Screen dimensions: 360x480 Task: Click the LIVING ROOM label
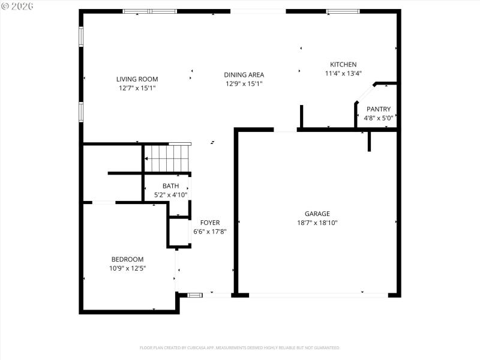pos(137,79)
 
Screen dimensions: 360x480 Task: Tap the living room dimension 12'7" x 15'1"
pos(137,88)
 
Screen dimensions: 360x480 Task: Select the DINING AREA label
pos(244,74)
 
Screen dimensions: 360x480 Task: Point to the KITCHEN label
pos(343,64)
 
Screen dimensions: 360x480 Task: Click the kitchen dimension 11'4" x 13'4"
pos(343,74)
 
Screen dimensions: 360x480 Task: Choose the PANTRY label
pos(379,109)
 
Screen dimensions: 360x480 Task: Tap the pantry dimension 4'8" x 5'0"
pos(379,118)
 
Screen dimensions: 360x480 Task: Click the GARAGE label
pos(317,213)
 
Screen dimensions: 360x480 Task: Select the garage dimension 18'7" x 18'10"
pos(317,223)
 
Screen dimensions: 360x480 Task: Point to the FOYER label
pos(210,223)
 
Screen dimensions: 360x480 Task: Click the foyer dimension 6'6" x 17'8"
pos(210,232)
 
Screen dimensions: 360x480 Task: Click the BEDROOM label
pos(127,259)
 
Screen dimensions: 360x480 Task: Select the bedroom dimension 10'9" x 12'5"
pos(127,268)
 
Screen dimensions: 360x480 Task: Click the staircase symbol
pos(167,158)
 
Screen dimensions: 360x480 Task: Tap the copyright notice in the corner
pos(17,5)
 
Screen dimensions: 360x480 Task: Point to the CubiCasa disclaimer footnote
pos(240,347)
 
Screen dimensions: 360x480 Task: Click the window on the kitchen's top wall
pos(343,11)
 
